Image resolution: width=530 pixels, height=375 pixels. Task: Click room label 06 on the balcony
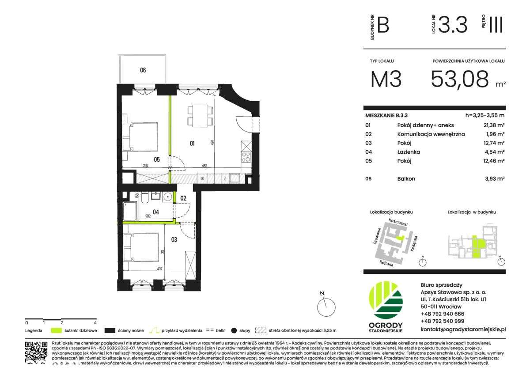(x=143, y=70)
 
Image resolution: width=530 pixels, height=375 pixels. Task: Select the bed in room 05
(x=141, y=136)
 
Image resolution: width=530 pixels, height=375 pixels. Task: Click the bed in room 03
(x=141, y=247)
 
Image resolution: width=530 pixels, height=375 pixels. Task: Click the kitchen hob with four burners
(x=246, y=156)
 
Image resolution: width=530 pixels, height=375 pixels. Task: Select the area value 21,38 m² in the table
(x=494, y=125)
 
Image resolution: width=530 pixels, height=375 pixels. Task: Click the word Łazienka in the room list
(x=408, y=152)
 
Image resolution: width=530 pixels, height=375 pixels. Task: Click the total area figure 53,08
(x=459, y=79)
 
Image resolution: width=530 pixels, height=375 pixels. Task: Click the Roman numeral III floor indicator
(x=496, y=25)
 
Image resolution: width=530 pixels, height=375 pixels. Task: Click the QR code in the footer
(x=36, y=352)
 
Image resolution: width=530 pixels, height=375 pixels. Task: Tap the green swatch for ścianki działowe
(x=56, y=330)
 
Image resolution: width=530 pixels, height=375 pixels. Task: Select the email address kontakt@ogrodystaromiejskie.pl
(x=463, y=329)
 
